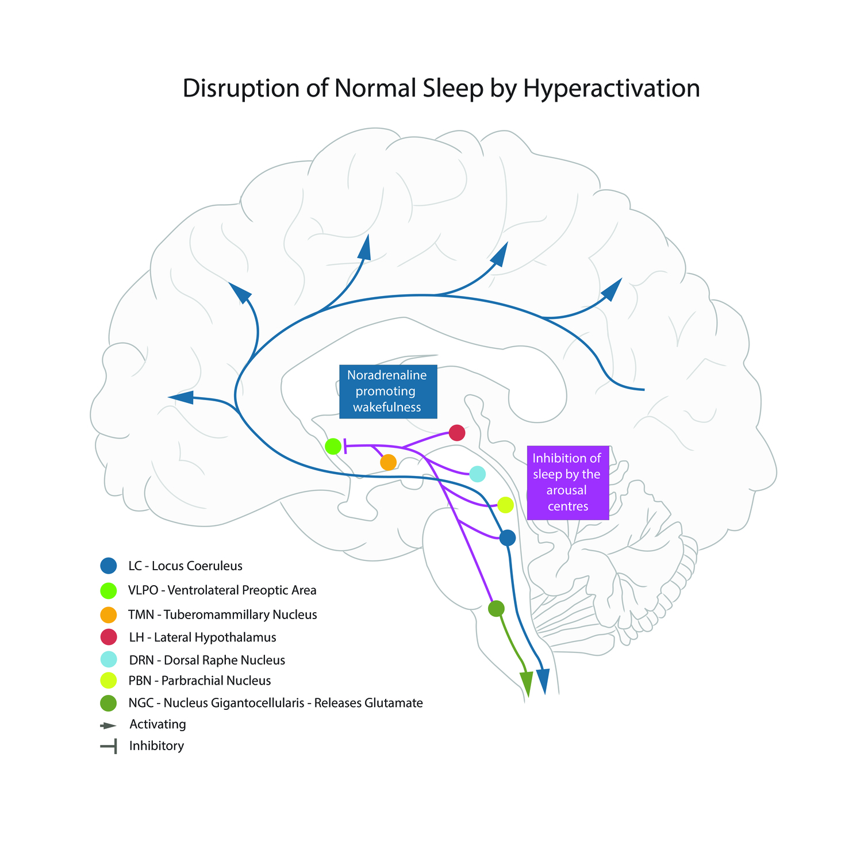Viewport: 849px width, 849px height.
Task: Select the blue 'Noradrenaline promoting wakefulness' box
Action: [x=387, y=391]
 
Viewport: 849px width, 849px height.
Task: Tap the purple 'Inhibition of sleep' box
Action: [x=567, y=482]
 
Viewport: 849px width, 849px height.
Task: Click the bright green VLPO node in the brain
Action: [x=333, y=445]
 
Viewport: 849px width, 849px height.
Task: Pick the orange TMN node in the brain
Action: [x=388, y=462]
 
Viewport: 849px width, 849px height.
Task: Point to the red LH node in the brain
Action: [x=456, y=432]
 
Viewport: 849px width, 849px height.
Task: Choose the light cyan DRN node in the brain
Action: [x=477, y=474]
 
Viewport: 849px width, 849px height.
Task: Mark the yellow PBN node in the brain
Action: [x=505, y=505]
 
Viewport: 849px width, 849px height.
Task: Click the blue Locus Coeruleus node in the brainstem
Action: [x=507, y=538]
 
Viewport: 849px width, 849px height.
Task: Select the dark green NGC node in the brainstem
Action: [x=496, y=608]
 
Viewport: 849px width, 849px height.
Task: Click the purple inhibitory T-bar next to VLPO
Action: [x=345, y=445]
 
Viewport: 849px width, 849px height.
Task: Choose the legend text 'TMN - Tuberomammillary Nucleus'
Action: [x=222, y=614]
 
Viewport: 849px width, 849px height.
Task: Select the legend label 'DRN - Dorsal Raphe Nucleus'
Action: [x=207, y=660]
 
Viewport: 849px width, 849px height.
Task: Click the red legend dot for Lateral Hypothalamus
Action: [x=108, y=637]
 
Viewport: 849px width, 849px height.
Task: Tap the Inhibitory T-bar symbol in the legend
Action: [x=109, y=747]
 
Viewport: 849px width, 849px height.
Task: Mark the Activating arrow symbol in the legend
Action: [x=108, y=725]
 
